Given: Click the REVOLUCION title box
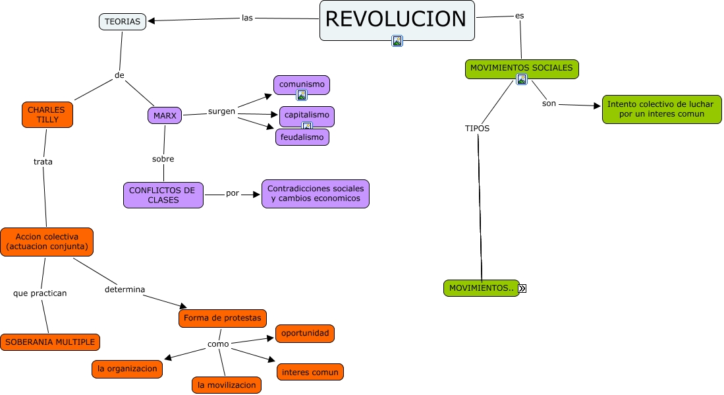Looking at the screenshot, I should click(x=397, y=18).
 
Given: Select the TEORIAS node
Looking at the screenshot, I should click(x=123, y=22).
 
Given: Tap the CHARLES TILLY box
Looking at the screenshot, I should click(x=47, y=115).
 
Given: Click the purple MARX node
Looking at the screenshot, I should click(x=165, y=115).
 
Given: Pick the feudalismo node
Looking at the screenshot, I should click(x=302, y=137).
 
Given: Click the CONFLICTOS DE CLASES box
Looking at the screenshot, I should click(x=163, y=195).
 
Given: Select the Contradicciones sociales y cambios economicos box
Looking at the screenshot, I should click(x=316, y=194).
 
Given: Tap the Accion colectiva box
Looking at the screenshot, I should click(x=47, y=242).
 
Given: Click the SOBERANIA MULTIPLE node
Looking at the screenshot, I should click(x=50, y=342).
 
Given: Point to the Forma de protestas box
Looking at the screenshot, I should click(x=222, y=318).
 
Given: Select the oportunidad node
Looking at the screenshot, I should click(x=305, y=333).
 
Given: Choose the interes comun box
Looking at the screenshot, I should click(x=310, y=372).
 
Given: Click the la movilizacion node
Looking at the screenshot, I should click(x=227, y=385).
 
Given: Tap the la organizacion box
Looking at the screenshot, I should click(x=127, y=369).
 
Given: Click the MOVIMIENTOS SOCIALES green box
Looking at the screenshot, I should click(x=522, y=68).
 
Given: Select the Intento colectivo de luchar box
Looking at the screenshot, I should click(x=660, y=109).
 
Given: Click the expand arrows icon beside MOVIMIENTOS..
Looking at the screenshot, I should click(x=522, y=288).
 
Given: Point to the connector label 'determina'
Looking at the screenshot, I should click(x=125, y=289).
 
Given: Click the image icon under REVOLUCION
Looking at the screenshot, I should click(x=397, y=41).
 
